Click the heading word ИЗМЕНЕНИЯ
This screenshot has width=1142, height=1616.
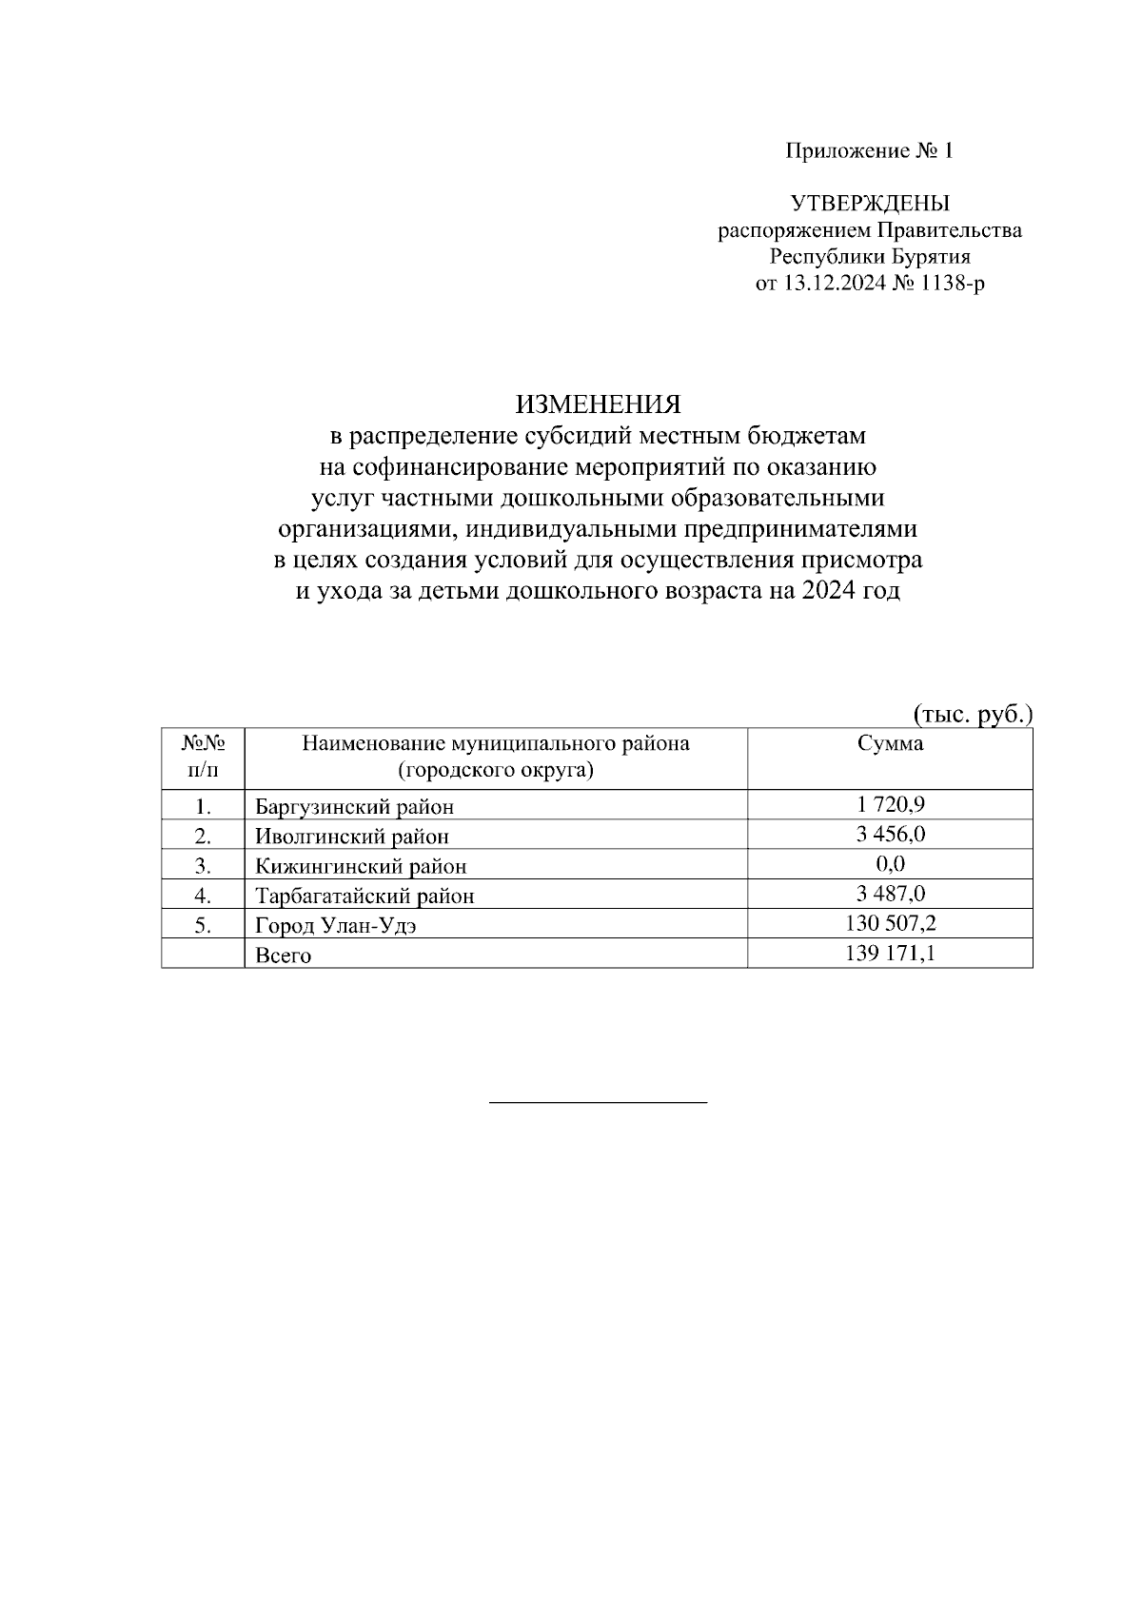(599, 405)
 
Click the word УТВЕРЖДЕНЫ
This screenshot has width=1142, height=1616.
(870, 203)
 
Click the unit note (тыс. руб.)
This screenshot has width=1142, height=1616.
(973, 714)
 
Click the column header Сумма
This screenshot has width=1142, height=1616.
(890, 744)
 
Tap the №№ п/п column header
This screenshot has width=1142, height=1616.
(203, 756)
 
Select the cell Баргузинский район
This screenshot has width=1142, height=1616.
(354, 807)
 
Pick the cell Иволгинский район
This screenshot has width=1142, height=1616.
(351, 837)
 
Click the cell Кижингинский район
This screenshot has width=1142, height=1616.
(361, 866)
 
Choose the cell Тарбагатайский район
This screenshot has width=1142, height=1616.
(364, 896)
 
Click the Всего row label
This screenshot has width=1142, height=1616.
(283, 955)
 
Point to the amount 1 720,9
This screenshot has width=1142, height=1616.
(891, 804)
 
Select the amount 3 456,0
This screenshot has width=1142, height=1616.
(891, 834)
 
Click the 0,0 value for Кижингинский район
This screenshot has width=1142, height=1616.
(891, 863)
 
